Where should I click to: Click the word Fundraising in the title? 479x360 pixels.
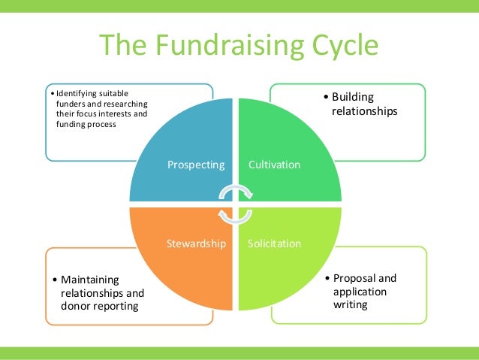(228, 47)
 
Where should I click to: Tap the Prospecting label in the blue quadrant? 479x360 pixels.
(196, 164)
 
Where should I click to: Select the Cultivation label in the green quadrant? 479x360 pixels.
(274, 164)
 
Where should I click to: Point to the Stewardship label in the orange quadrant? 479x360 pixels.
(196, 244)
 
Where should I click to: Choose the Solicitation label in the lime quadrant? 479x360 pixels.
(274, 244)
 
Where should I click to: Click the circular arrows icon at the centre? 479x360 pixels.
(235, 204)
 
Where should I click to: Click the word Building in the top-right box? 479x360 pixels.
(352, 97)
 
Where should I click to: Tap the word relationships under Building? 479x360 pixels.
(364, 111)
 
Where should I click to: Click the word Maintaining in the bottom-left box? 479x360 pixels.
(90, 280)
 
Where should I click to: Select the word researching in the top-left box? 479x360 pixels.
(128, 103)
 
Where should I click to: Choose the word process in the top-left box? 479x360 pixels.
(101, 124)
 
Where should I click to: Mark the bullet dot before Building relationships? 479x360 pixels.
(325, 98)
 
